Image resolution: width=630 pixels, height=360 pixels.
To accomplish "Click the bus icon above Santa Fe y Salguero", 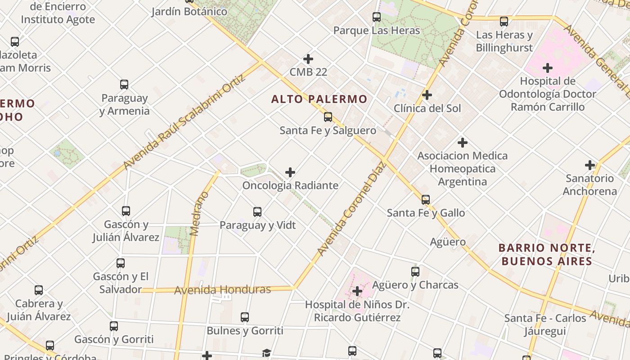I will [328, 117].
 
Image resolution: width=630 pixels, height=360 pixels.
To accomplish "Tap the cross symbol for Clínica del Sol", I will [427, 95].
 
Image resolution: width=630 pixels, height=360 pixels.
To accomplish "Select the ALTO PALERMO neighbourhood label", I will [319, 99].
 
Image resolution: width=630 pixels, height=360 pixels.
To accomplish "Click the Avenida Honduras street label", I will [223, 290].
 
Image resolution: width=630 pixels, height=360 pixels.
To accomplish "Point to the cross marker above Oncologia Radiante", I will [290, 172].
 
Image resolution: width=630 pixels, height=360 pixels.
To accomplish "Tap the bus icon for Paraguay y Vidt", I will [257, 211].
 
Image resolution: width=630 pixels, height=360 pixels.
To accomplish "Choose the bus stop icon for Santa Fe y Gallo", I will [426, 199].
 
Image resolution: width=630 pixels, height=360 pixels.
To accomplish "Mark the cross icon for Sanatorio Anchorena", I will [589, 165].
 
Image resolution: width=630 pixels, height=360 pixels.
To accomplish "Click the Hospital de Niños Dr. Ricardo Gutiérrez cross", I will [357, 291].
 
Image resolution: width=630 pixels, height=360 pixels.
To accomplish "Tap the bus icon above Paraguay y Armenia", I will [124, 84].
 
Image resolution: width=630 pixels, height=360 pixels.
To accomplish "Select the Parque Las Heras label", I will [377, 31].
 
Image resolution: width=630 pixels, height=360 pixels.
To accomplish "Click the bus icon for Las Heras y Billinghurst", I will [504, 21].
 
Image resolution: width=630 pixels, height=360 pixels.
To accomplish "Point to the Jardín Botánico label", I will [189, 11].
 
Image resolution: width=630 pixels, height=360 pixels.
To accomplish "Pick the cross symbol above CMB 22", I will [308, 58].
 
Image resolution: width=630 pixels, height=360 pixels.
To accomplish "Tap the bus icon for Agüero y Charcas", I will [415, 271].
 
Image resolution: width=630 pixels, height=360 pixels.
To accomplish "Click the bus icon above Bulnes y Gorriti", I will [245, 317].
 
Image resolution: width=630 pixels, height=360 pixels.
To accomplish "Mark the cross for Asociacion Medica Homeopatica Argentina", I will [462, 143].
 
